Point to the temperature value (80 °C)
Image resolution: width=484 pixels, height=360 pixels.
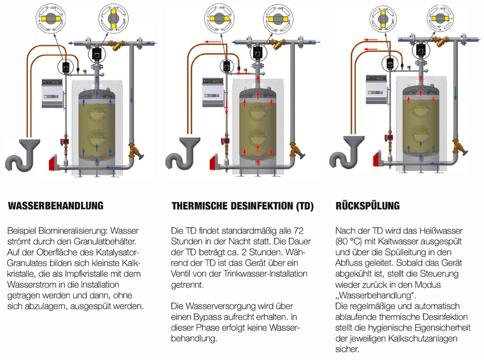pos(350,241)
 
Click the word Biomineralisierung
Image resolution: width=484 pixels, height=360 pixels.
pos(72,230)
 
